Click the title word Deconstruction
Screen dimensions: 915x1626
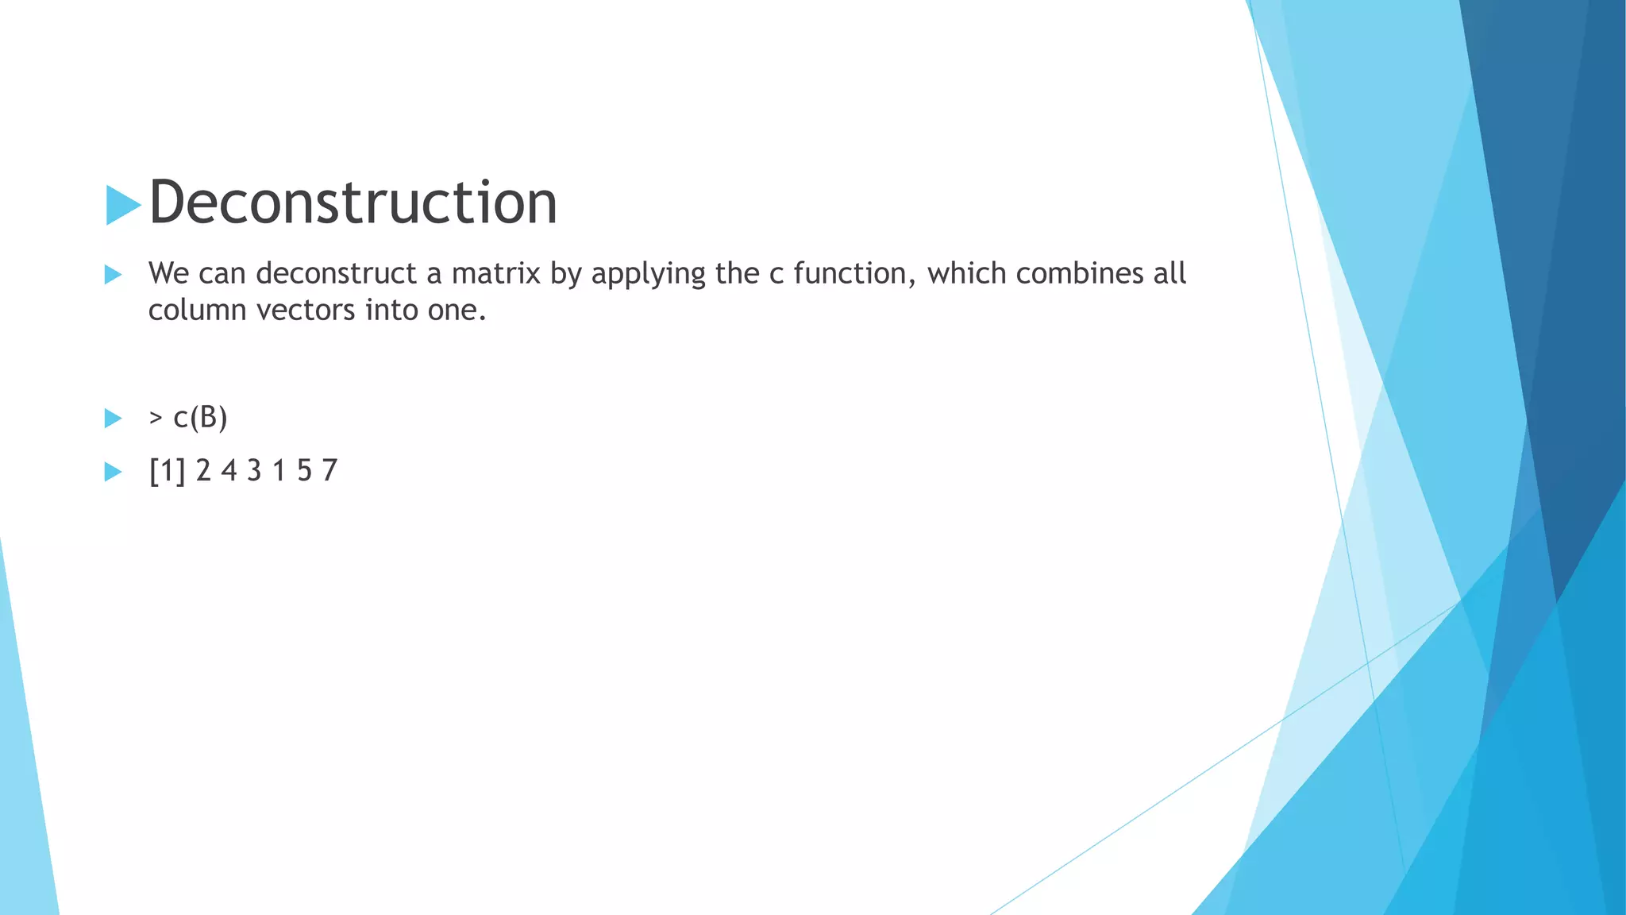353,203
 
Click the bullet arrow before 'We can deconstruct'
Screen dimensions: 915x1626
113,275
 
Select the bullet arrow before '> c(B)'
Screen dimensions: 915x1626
113,419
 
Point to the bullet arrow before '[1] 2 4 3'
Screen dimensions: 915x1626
113,472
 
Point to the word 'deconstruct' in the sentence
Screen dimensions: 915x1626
336,273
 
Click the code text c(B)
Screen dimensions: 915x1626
200,418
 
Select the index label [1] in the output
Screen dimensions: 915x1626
167,471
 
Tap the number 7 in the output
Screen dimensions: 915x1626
329,471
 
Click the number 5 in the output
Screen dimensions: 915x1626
304,471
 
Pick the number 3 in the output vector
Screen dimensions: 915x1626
254,471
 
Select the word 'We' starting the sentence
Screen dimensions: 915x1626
168,273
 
